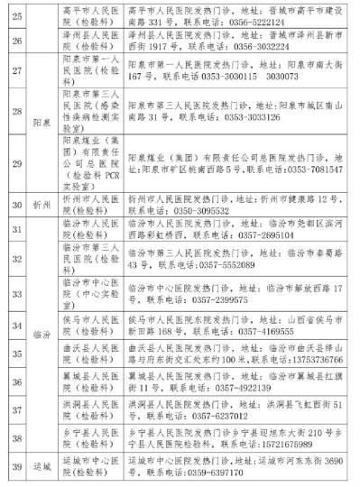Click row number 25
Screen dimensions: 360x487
point(16,15)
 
